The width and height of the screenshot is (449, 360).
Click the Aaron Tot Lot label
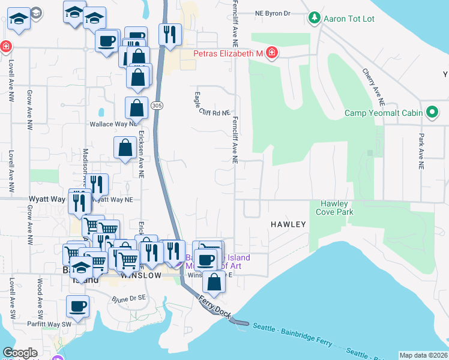349,19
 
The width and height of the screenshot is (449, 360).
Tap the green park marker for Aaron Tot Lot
314,19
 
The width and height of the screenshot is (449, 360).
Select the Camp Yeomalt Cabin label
384,113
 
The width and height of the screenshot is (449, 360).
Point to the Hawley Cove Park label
334,208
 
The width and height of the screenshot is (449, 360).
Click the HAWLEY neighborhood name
288,224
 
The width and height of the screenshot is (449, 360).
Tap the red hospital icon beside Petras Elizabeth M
271,53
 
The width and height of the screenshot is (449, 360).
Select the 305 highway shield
157,106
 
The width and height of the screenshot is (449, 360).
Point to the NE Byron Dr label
272,13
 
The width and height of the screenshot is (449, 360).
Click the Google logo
20,353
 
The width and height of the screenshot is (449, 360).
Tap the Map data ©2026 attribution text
423,355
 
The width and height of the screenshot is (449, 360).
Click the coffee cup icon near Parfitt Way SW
78,307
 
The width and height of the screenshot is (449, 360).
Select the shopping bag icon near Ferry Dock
214,281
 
